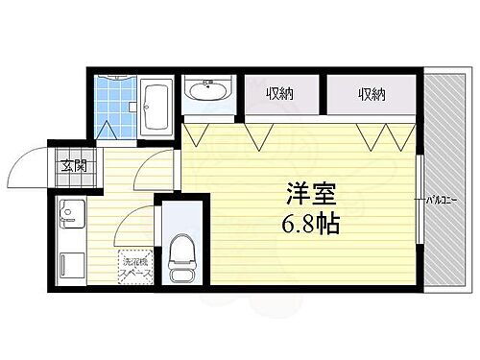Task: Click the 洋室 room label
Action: (309, 194)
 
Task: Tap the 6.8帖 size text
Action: (309, 227)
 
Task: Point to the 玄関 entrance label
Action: (74, 166)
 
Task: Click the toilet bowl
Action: (180, 257)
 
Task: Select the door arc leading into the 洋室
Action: (156, 169)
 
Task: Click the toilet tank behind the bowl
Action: (180, 234)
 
